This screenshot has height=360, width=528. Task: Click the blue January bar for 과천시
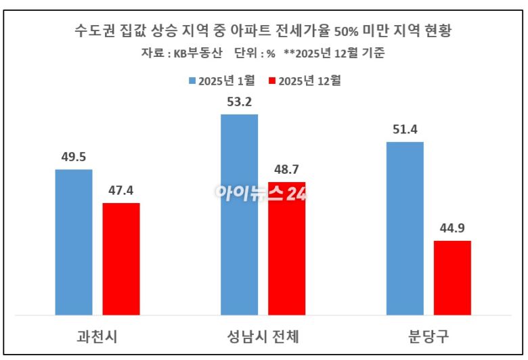tap(73, 242)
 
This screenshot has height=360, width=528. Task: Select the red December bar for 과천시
tap(121, 258)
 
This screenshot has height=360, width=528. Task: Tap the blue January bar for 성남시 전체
tap(239, 215)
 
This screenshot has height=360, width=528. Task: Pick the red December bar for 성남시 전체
tap(287, 248)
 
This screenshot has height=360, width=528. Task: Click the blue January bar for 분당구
tap(405, 228)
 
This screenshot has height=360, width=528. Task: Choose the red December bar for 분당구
tap(452, 277)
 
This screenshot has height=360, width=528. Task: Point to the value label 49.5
tap(73, 158)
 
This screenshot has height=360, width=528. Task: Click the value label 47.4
tap(121, 192)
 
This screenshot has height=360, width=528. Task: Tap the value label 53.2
tap(239, 103)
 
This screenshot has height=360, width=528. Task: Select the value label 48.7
tap(287, 171)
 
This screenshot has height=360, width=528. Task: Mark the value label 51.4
tap(405, 130)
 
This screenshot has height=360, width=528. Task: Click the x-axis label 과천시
tap(97, 336)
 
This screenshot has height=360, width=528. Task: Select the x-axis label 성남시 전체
tap(263, 336)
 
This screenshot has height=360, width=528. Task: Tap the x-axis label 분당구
tap(428, 336)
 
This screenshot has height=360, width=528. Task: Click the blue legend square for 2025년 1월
tap(192, 81)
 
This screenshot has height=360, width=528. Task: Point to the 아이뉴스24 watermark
tap(261, 194)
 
